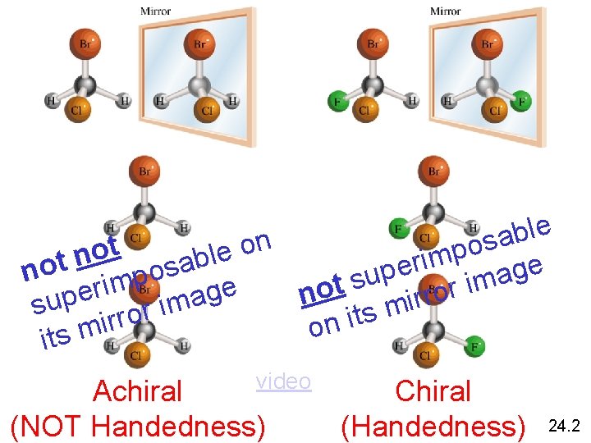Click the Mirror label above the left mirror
pos(156,11)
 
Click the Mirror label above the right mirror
pos(446,11)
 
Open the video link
pos(283,381)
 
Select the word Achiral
pos(138,391)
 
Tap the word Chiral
pos(433,391)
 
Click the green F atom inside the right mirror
pos(522,103)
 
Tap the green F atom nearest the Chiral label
pos(474,348)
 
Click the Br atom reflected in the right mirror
pos(488,43)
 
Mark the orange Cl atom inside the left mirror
pos(207,110)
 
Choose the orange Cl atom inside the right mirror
pos(497,110)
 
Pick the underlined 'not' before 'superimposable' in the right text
pos(320,289)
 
